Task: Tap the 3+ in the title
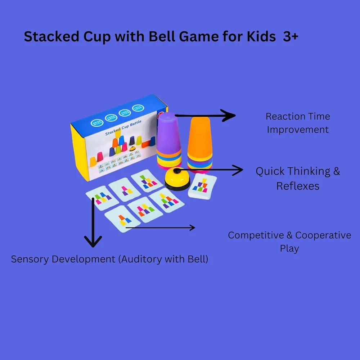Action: coord(291,37)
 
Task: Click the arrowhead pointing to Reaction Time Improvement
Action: coord(230,116)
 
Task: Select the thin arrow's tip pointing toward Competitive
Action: coord(193,228)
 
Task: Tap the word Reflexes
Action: coord(298,186)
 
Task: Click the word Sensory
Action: coord(28,259)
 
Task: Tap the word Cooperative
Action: coord(323,235)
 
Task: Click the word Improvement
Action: coord(298,130)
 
